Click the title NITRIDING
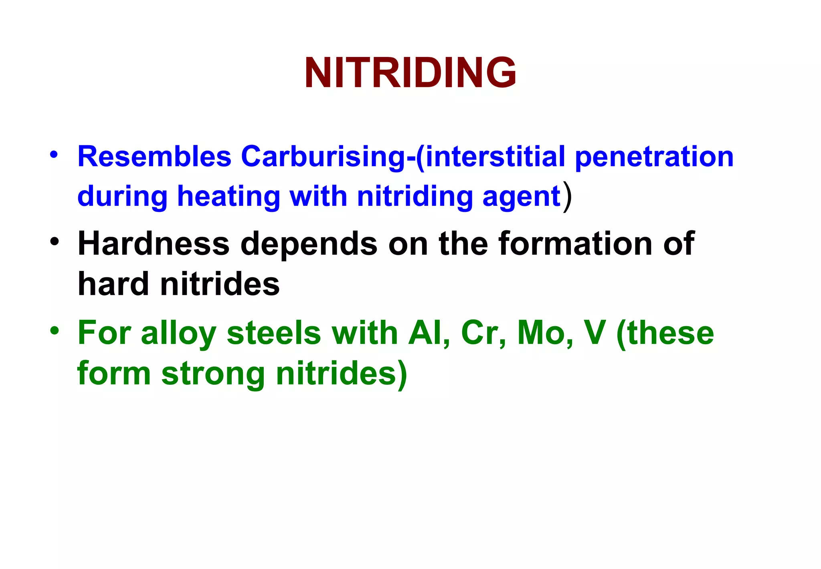point(410,73)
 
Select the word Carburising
point(323,157)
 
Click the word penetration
point(654,157)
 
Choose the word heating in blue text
point(229,197)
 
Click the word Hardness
point(154,244)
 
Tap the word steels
point(274,333)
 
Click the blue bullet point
point(54,154)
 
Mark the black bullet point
point(54,242)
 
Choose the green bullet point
point(54,331)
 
